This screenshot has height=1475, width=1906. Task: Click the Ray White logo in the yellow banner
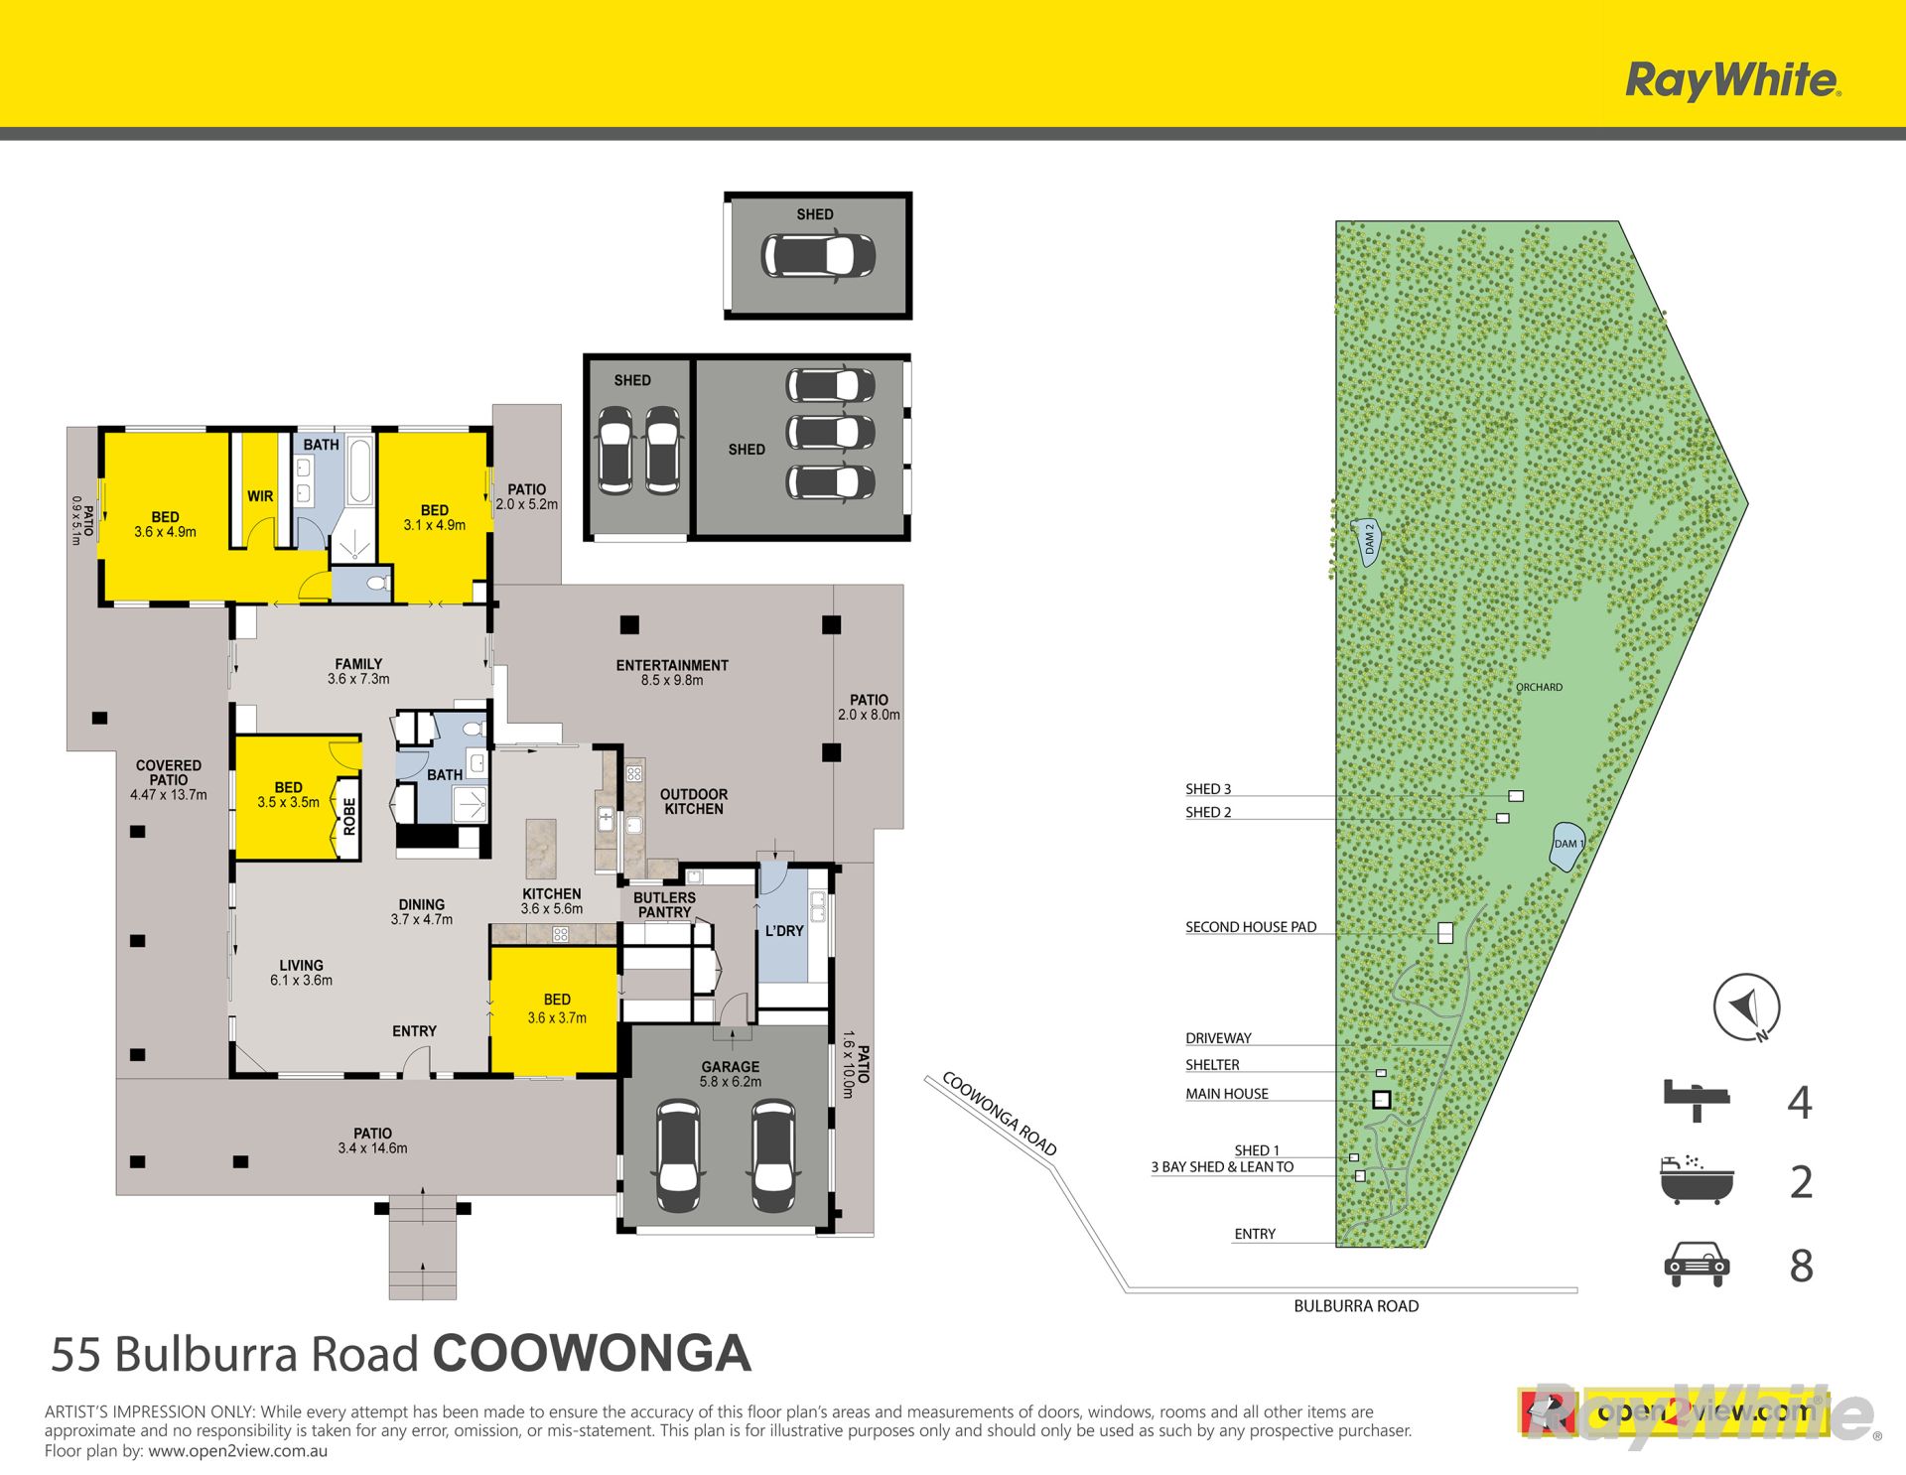1733,79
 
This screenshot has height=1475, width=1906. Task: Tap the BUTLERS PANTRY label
664,904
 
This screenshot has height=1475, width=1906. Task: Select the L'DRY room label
784,930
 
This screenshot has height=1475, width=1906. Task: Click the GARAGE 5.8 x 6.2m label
731,1074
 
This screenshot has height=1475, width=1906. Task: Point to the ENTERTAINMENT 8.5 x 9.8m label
672,672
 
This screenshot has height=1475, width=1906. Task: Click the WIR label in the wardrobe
260,495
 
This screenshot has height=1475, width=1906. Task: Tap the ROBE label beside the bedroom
349,816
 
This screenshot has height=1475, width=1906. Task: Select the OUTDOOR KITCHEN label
694,801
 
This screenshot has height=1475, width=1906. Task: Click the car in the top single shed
818,255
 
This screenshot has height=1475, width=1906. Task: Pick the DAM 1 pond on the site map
1566,846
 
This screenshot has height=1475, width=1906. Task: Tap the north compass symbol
1746,1007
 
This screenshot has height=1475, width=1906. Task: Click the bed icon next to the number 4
1697,1100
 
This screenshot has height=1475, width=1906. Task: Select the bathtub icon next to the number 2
1697,1179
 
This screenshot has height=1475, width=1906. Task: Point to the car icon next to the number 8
1697,1264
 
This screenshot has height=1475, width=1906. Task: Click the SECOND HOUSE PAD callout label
1251,926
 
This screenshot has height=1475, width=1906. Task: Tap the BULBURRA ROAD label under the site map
1356,1306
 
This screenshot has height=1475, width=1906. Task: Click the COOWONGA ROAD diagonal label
1000,1114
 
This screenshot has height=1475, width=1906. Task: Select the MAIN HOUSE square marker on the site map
1381,1100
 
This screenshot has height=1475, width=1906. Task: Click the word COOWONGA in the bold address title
592,1353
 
